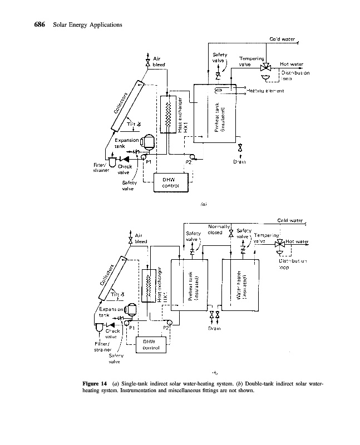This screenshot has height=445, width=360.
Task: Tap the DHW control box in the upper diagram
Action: pos(170,182)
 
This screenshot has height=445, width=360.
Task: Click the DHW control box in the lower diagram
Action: pos(148,344)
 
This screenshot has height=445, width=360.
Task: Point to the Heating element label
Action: pos(266,91)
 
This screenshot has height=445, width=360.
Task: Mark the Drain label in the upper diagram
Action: pos(240,162)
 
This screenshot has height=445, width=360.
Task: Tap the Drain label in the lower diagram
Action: pos(214,328)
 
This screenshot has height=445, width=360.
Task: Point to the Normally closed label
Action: pos(218,229)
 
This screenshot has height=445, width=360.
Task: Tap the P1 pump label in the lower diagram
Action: pos(131,328)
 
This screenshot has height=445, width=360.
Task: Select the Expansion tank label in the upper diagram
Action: pos(126,144)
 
